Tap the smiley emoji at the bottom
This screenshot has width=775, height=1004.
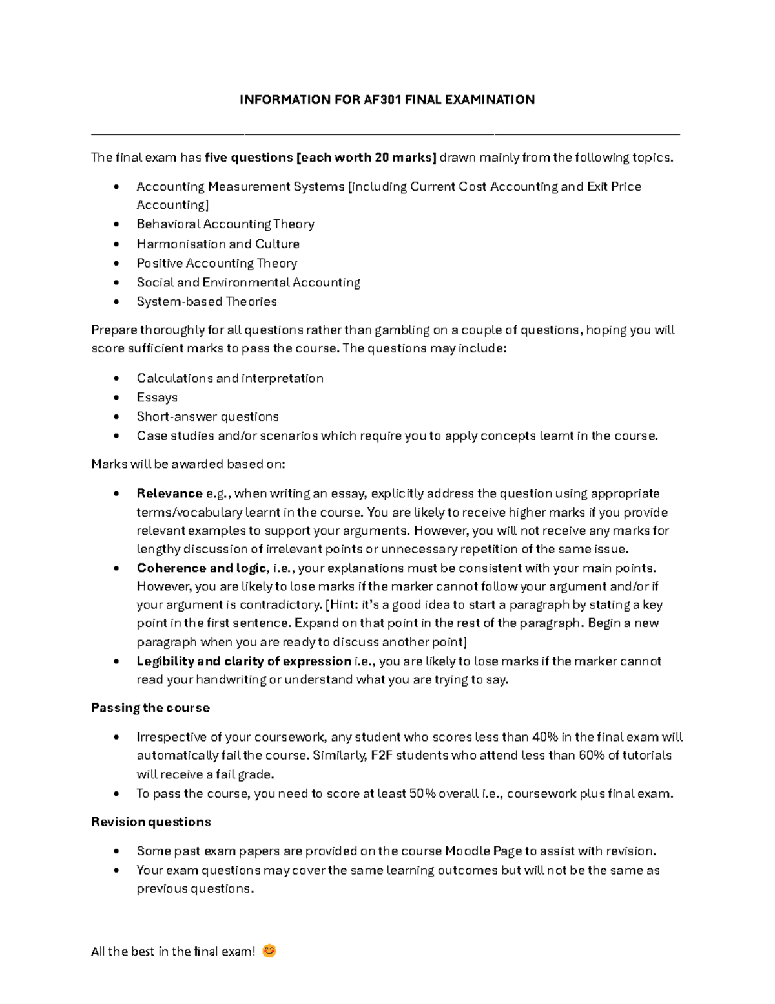(269, 951)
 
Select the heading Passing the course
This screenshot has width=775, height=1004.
(150, 708)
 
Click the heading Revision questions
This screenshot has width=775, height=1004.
(151, 822)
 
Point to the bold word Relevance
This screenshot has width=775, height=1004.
(169, 493)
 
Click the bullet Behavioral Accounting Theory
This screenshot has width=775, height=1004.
(225, 224)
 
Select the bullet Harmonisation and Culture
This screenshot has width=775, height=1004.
(218, 244)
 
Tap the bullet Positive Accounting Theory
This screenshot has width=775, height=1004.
(216, 263)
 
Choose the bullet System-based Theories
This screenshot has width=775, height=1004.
(207, 301)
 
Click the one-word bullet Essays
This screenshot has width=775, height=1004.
(157, 398)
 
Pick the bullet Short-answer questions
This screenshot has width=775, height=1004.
(207, 416)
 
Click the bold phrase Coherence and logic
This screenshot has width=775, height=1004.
(201, 568)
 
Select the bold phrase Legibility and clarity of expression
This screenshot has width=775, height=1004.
(243, 661)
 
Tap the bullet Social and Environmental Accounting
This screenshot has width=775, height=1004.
(248, 283)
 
